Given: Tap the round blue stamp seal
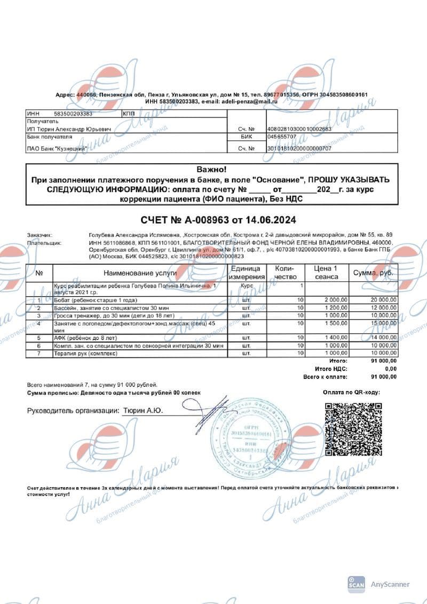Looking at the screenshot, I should coord(247,436).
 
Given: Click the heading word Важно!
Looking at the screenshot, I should coord(212,170).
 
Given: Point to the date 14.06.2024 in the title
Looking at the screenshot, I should coord(273,220).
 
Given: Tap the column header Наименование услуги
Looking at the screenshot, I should coord(140,273).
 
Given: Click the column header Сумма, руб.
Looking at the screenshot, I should coord(374,273).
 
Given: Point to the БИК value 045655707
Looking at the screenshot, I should coord(283,137).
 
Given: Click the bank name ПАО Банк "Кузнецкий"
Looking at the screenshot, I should coord(57,148).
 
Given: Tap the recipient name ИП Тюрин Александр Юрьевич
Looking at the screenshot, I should coord(69,129).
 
